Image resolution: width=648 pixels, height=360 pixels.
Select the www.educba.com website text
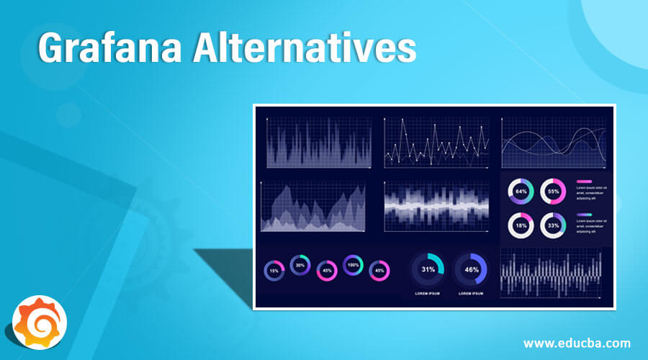[x=577, y=343]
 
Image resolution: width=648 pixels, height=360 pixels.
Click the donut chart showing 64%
[x=521, y=192]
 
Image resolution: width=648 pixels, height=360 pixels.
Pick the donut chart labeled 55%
[x=553, y=192]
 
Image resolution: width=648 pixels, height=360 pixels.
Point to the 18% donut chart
[x=521, y=225]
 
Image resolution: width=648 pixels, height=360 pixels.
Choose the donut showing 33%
[x=553, y=225]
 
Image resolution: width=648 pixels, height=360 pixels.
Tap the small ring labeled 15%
[x=274, y=271]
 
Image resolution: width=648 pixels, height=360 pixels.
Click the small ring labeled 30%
[x=300, y=265]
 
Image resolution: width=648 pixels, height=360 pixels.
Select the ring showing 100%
[x=353, y=265]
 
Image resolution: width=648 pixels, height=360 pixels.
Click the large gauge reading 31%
[x=428, y=269]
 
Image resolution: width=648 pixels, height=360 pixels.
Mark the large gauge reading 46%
[x=472, y=269]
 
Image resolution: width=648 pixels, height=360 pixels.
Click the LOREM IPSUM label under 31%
[x=428, y=294]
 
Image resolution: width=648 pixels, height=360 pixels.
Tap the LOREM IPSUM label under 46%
[x=472, y=294]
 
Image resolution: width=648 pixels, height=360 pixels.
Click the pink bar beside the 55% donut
[x=584, y=181]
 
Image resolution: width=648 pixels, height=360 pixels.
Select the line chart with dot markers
[x=436, y=143]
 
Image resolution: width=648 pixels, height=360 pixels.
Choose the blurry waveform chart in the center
[x=436, y=205]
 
